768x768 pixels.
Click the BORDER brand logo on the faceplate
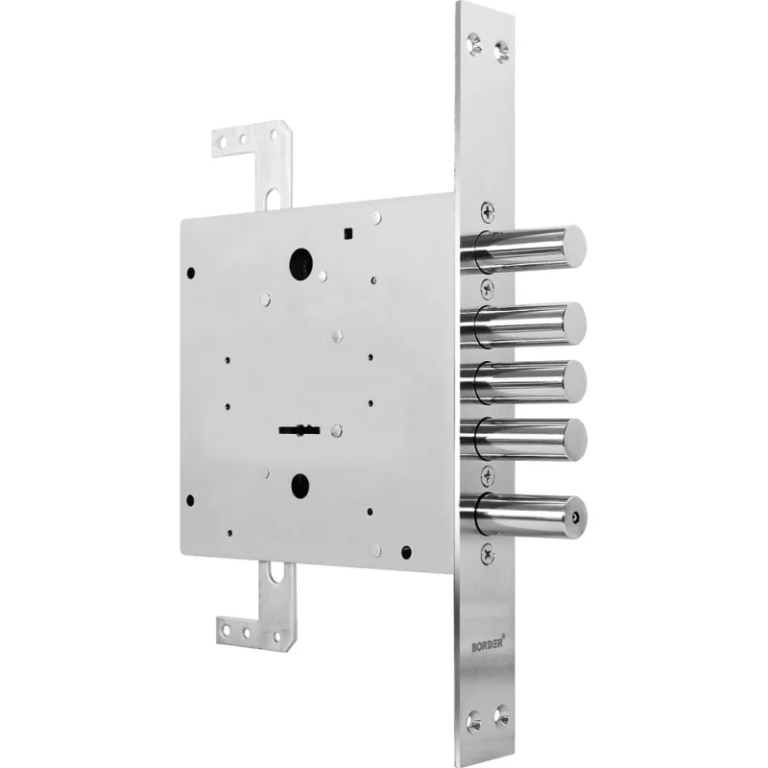(x=488, y=643)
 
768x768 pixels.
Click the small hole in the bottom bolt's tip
(x=576, y=516)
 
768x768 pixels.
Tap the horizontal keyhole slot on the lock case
(x=300, y=430)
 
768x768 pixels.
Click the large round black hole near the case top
(x=300, y=264)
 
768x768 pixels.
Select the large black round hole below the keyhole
(x=300, y=485)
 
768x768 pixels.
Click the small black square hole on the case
(x=348, y=233)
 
